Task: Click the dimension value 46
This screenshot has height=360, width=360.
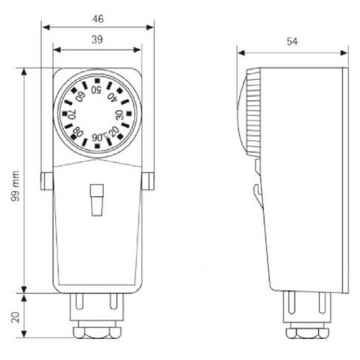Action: (x=97, y=19)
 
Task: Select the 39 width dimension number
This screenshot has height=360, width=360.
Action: (x=97, y=40)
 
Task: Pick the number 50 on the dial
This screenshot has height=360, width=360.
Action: (x=97, y=90)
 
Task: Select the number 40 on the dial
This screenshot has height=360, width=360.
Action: (x=112, y=97)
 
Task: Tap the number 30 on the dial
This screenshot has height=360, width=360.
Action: (x=119, y=114)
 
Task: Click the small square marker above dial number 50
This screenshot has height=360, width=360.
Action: (x=97, y=80)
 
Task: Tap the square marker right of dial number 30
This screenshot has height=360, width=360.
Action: (x=129, y=114)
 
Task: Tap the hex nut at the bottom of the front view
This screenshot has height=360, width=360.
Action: (x=97, y=331)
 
